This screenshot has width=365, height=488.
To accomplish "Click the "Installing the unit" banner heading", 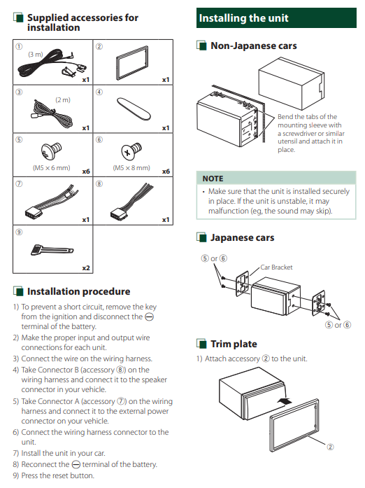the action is coord(243,18).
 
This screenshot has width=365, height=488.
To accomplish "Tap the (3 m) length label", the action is coord(36,55).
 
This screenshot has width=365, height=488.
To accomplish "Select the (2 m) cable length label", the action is coord(63,100).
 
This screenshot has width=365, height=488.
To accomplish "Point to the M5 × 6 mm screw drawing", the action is coord(51,151).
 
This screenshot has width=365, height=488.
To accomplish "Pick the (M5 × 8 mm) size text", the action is coord(131,168).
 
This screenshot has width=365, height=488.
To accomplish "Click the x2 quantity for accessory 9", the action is coord(86,267).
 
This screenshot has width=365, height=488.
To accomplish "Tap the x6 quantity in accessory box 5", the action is coord(86,171).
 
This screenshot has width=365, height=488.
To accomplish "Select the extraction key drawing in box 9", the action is coord(52,250).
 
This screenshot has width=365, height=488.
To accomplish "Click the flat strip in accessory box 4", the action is coord(134,109).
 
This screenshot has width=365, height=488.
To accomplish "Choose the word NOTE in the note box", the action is coord(213,179).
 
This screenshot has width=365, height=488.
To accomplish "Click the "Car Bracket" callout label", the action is coord(276,267).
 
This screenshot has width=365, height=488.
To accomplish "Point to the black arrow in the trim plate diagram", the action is coord(284,401).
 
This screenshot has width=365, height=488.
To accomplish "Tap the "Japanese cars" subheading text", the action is coord(242,237).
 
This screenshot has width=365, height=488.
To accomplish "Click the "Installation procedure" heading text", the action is coord(78,291).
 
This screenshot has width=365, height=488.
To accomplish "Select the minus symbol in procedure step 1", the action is coord(149,317).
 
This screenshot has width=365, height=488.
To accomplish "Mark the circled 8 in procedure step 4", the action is coord(121,370).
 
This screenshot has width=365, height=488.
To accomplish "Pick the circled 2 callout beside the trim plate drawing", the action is coord(330,447).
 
